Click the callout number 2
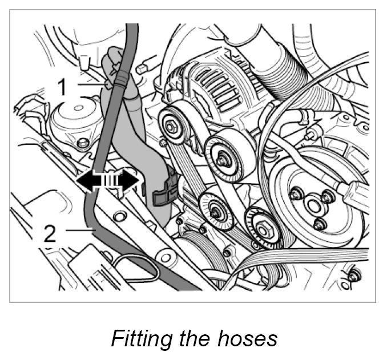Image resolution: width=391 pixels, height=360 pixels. point(51,234)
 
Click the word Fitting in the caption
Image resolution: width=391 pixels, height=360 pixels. point(140,338)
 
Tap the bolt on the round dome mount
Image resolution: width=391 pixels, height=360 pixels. point(84,142)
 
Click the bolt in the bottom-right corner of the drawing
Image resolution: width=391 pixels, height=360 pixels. point(356,277)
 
